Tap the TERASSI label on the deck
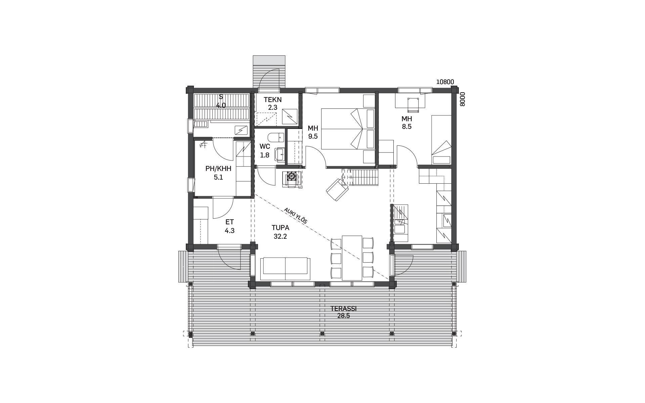pyautogui.click(x=343, y=309)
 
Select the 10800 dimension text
pyautogui.click(x=445, y=82)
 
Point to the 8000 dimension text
pyautogui.click(x=462, y=99)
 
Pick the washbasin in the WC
pyautogui.click(x=279, y=155)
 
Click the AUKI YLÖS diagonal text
pyautogui.click(x=296, y=216)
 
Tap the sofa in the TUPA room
pyautogui.click(x=285, y=269)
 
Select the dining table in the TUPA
pyautogui.click(x=352, y=258)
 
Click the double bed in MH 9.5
pyautogui.click(x=348, y=129)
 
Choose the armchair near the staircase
pyautogui.click(x=338, y=189)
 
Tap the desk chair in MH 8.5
pyautogui.click(x=413, y=104)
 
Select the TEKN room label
pyautogui.click(x=272, y=100)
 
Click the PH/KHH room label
pyautogui.click(x=218, y=169)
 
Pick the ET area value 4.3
pyautogui.click(x=229, y=231)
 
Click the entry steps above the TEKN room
pyautogui.click(x=269, y=72)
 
